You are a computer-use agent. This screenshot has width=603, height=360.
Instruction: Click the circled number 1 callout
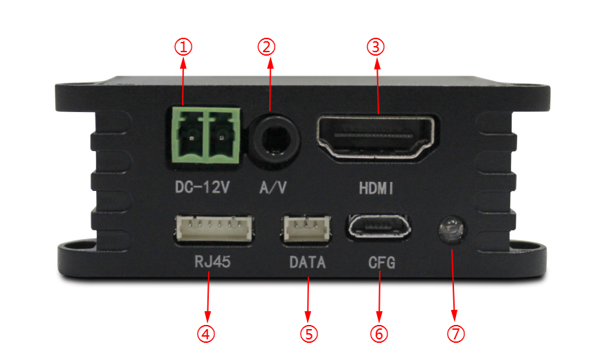point(183,47)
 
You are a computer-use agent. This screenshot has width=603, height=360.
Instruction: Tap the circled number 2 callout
point(266,47)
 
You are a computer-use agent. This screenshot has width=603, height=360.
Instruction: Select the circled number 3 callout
point(376,47)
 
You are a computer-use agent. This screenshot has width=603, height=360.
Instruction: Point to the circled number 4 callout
point(206,334)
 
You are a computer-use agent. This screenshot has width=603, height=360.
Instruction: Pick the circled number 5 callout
point(309,334)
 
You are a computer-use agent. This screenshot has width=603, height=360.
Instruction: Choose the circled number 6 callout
point(379,334)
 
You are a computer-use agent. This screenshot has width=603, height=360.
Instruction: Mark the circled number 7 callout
point(456,334)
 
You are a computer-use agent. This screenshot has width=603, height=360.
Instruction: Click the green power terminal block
point(206,135)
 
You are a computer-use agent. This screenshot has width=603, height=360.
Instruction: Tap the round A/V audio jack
point(275,137)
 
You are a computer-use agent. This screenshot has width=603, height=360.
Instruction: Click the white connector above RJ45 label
point(214,229)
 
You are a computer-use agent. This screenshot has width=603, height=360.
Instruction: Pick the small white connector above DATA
point(307,229)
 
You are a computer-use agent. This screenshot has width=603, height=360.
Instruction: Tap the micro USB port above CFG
point(379,227)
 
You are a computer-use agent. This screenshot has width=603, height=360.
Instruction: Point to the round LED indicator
point(452,230)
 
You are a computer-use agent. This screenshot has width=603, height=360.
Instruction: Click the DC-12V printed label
point(203,188)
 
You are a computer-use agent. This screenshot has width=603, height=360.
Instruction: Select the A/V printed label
point(273,188)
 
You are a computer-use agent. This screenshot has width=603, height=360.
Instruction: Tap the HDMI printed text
point(376,188)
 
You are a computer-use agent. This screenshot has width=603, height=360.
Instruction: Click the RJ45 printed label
point(212,262)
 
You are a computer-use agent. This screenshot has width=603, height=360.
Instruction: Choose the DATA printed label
point(307,262)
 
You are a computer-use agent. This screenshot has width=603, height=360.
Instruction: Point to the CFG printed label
point(381,262)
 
